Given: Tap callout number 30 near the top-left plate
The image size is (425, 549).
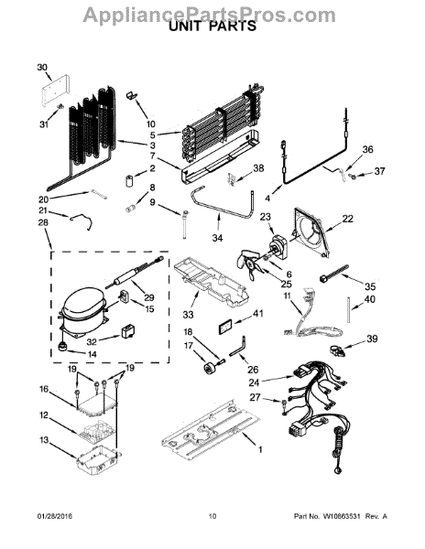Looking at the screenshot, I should pyautogui.click(x=41, y=68).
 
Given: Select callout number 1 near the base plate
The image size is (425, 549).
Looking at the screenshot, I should pyautogui.click(x=259, y=449).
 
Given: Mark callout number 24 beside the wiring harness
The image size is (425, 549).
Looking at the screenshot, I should pyautogui.click(x=254, y=382).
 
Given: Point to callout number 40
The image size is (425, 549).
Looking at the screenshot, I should pyautogui.click(x=371, y=299).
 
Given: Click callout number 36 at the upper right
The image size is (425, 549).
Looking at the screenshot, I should pyautogui.click(x=368, y=149).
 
